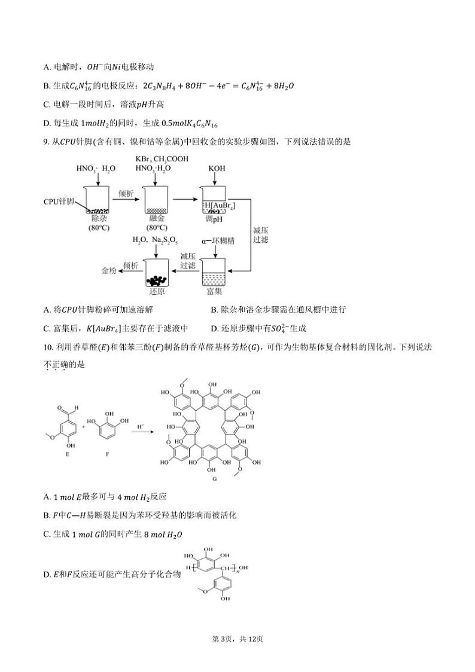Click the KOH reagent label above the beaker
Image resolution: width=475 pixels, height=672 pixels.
point(217,169)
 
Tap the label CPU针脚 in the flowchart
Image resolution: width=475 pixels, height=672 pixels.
point(59,201)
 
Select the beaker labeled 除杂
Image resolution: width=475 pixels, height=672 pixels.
point(97,200)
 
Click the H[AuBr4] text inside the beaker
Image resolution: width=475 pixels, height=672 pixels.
point(219,206)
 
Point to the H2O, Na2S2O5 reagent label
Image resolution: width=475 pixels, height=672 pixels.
point(154,240)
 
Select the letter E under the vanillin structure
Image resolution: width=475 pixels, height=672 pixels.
point(63,453)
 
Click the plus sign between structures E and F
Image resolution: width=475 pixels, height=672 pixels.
point(84,427)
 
